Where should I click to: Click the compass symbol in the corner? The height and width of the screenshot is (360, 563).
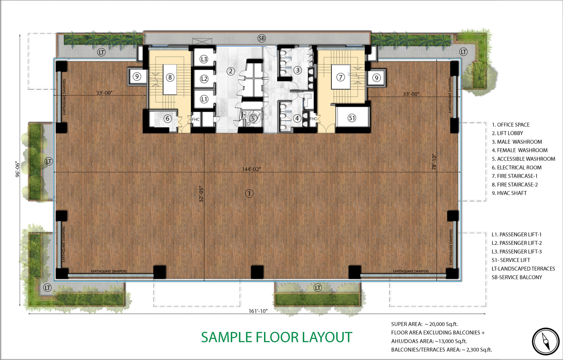click(x=545, y=341)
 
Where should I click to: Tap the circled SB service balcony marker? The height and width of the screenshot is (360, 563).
click(x=262, y=38)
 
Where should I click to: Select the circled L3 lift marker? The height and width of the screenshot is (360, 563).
click(x=204, y=59)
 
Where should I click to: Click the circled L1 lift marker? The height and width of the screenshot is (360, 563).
click(x=204, y=99)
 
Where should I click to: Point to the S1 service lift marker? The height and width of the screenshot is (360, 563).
click(x=352, y=118)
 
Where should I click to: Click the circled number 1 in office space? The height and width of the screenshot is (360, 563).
click(x=249, y=194)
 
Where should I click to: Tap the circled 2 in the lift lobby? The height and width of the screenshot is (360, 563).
click(x=231, y=71)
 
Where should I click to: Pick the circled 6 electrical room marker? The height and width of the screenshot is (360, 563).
click(x=168, y=118)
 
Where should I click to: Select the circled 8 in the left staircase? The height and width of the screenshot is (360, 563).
click(x=170, y=77)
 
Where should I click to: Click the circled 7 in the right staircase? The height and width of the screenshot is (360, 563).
click(x=341, y=77)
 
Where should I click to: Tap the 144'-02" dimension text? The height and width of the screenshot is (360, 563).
click(x=251, y=169)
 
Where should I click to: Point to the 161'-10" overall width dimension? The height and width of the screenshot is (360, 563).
click(x=258, y=311)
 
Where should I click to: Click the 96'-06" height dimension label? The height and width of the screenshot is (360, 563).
click(x=17, y=169)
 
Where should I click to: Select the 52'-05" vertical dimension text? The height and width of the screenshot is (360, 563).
click(x=201, y=194)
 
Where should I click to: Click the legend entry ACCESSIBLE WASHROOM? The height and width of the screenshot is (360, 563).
click(x=524, y=159)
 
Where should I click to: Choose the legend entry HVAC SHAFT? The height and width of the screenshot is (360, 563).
click(x=509, y=193)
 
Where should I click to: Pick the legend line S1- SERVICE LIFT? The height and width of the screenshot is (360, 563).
click(x=511, y=260)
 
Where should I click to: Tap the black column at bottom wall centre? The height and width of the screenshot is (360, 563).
click(x=257, y=272)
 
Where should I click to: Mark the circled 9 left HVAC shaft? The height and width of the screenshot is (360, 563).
click(x=137, y=76)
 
